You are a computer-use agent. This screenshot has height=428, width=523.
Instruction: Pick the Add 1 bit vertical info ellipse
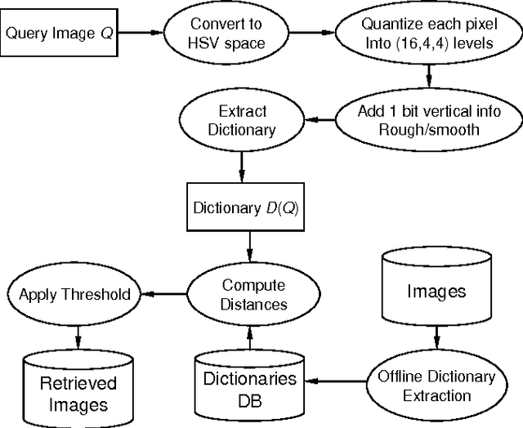[429, 120]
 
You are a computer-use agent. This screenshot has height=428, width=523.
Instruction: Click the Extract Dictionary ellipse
[243, 120]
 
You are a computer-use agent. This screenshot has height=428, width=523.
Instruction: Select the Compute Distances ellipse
[253, 294]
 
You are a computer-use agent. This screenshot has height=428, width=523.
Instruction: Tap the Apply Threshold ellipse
[74, 294]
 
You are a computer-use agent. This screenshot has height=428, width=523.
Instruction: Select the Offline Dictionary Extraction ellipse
[436, 385]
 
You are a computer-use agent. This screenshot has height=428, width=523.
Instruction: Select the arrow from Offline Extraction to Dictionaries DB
[339, 381]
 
